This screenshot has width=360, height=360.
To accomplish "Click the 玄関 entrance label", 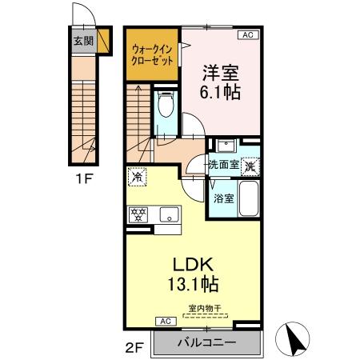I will click(82, 41).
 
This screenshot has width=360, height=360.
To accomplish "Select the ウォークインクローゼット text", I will click(152, 55).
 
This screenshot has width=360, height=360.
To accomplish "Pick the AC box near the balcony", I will click(165, 322).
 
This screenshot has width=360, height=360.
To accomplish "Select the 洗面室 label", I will click(224, 165).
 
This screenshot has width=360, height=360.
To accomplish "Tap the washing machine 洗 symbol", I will click(250, 166).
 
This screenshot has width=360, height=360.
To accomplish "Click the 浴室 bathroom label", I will click(222, 198).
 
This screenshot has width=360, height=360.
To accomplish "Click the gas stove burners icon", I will click(141, 214).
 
